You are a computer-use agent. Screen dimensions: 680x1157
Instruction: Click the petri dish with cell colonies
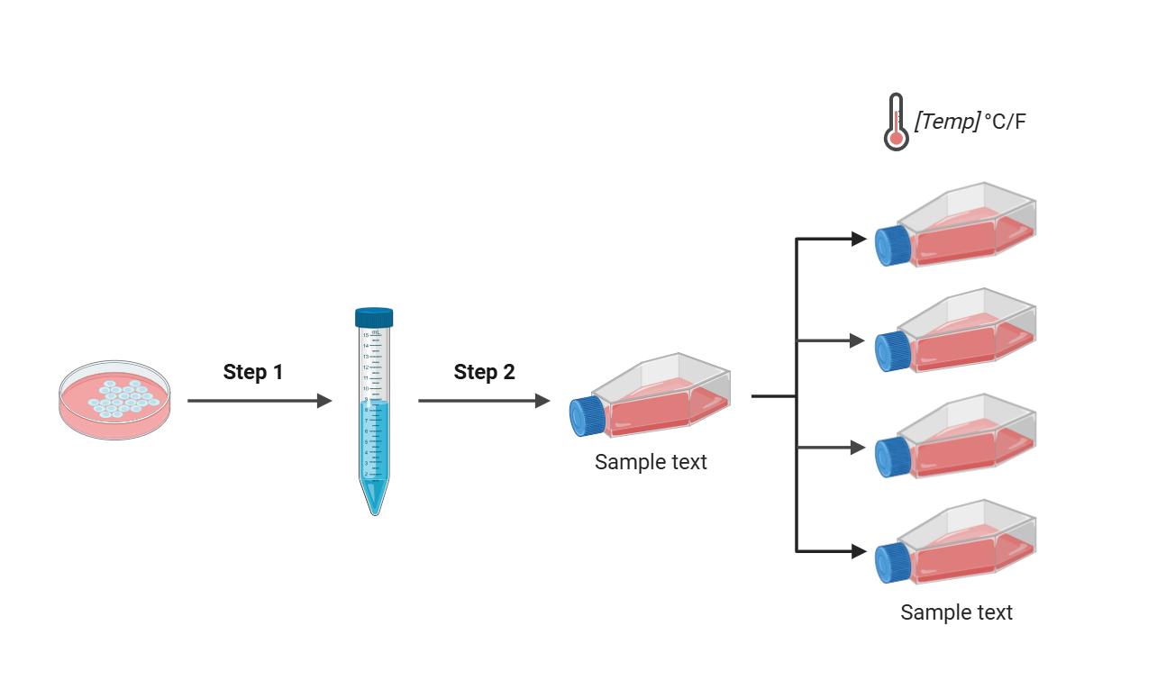click(x=114, y=399)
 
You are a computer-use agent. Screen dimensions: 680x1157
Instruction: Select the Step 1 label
click(x=253, y=372)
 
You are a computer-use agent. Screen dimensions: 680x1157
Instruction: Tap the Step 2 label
click(x=484, y=372)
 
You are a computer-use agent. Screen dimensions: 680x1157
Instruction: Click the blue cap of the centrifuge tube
click(x=374, y=317)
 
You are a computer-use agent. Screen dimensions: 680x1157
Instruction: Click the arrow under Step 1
click(x=260, y=401)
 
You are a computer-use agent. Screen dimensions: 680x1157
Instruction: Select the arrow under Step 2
click(x=484, y=401)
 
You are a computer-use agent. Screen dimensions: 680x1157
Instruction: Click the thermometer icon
click(x=896, y=122)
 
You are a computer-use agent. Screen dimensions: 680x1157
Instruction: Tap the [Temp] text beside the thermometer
click(x=946, y=122)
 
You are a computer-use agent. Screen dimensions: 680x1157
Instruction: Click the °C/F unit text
click(x=1005, y=122)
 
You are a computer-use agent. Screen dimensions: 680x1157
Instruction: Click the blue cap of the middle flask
click(x=587, y=417)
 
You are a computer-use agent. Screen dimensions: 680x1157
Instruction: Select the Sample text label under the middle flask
click(x=651, y=462)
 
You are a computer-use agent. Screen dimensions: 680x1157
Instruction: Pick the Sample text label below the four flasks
click(x=956, y=612)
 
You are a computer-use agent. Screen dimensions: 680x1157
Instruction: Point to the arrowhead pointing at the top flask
click(x=859, y=239)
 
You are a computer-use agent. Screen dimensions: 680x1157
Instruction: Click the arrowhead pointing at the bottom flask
click(x=859, y=551)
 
